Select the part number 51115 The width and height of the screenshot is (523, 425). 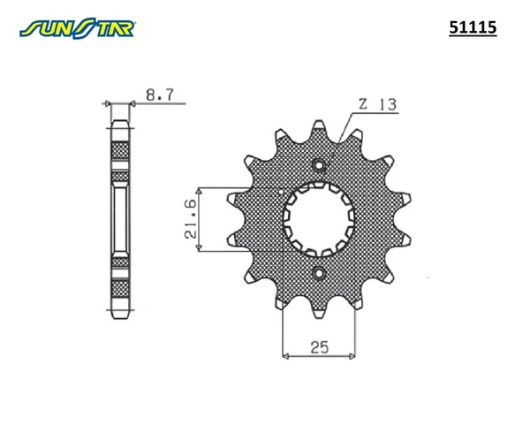coord(473,27)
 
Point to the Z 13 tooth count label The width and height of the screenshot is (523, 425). coord(377,103)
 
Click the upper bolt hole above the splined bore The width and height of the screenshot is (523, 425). coord(319,164)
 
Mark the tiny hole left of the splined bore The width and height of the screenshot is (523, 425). coord(281,194)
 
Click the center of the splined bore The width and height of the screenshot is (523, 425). coord(318,219)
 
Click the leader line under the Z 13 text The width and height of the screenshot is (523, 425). coord(367,113)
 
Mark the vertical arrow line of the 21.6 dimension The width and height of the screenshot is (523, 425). coord(201,218)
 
